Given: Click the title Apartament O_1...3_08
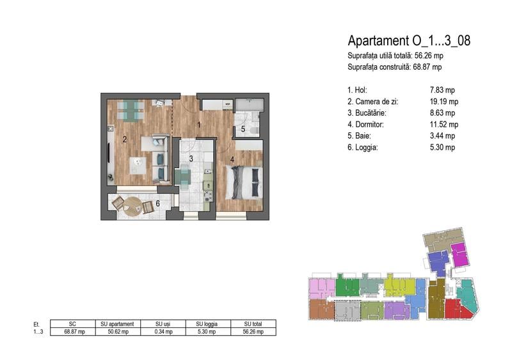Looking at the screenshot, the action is tap(409, 41).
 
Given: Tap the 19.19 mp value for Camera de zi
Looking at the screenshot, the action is tap(444, 102).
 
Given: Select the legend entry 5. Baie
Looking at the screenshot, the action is tap(359, 136).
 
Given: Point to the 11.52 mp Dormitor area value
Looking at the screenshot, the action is tap(444, 125).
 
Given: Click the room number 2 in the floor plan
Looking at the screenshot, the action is tap(125, 139).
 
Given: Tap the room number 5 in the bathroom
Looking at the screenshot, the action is tap(243, 129).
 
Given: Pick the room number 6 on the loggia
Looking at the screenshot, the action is tap(158, 203).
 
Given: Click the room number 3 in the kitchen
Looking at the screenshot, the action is tap(191, 159).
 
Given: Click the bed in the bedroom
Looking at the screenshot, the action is tap(244, 182).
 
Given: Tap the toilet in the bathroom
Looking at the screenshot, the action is tap(253, 130).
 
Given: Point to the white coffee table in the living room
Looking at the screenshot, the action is tap(138, 166).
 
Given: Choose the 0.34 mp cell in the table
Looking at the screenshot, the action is tap(163, 332).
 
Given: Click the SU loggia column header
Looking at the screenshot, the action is tap(207, 324).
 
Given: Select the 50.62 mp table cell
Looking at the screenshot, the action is tap(118, 332).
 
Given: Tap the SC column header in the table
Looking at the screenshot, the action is tap(72, 324).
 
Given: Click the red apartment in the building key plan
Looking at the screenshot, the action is tap(458, 309).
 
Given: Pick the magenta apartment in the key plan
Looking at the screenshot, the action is tap(460, 254).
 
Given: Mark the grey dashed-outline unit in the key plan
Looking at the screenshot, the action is tap(347, 310).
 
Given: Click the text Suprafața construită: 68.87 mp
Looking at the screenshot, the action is tap(395, 67).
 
